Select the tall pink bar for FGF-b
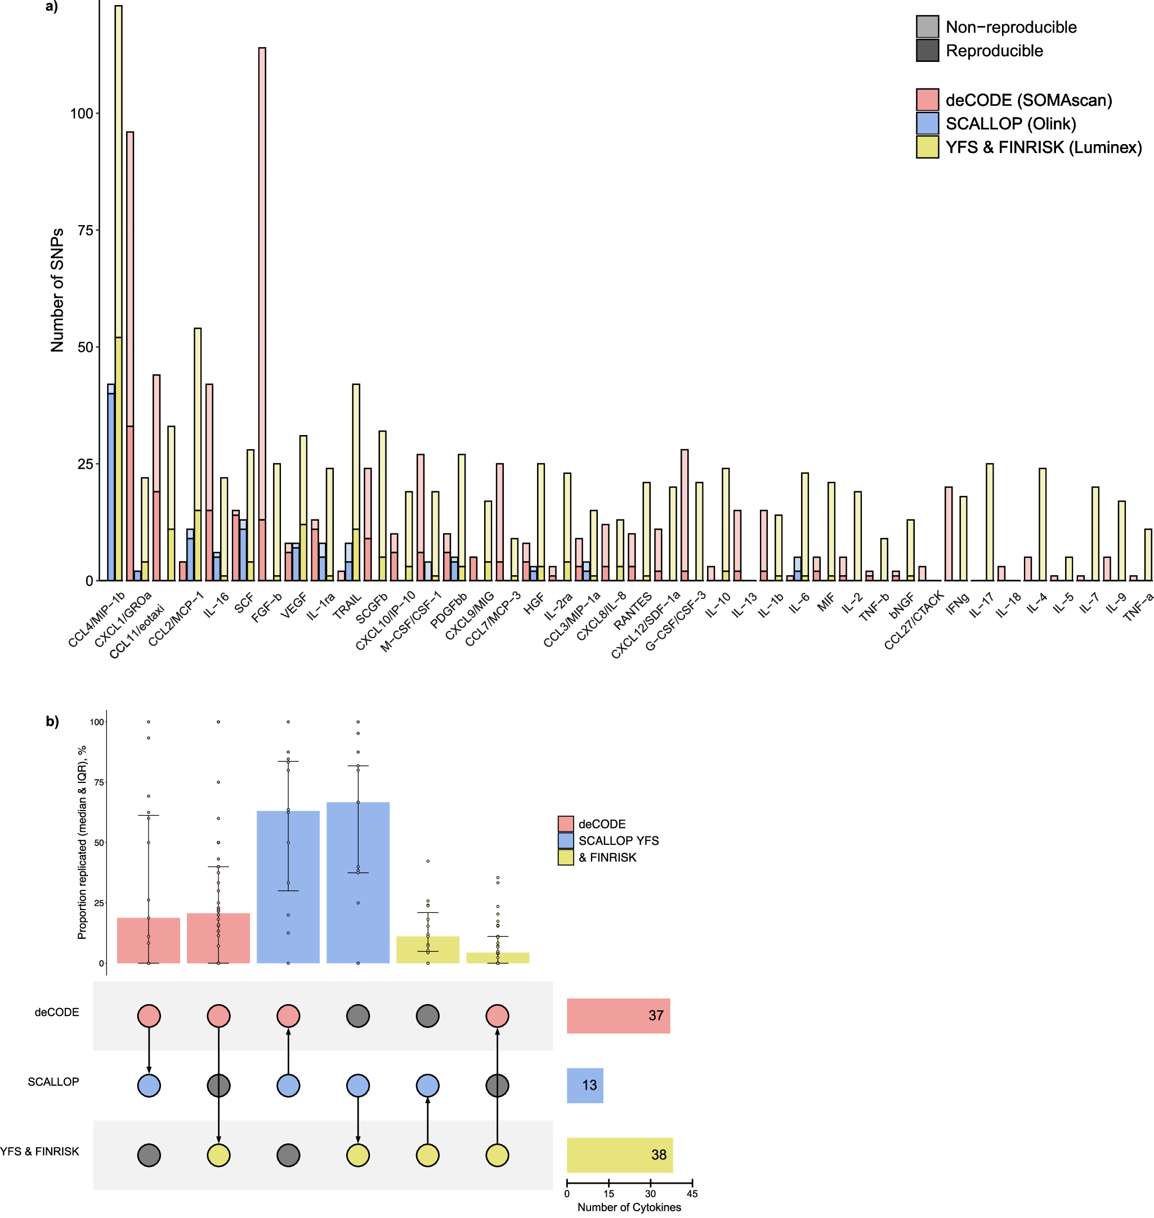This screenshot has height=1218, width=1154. click(262, 307)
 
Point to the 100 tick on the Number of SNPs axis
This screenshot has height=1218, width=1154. click(81, 114)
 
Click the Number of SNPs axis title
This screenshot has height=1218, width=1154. click(57, 290)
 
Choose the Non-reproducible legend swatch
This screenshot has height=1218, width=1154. click(927, 27)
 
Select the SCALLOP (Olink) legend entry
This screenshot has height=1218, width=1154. click(1010, 124)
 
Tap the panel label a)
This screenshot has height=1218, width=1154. click(52, 7)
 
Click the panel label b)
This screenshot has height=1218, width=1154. click(52, 721)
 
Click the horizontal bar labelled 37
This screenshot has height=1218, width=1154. click(618, 1015)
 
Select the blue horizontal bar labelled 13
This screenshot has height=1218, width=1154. click(584, 1085)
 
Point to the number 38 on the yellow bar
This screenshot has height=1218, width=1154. click(658, 1154)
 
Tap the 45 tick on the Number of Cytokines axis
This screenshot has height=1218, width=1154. click(692, 1193)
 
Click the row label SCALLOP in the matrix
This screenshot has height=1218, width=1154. click(53, 1082)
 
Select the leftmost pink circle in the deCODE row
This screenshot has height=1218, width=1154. click(149, 1015)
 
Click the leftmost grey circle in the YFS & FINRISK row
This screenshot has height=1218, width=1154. click(149, 1154)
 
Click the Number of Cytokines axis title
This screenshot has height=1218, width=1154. click(629, 1207)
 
